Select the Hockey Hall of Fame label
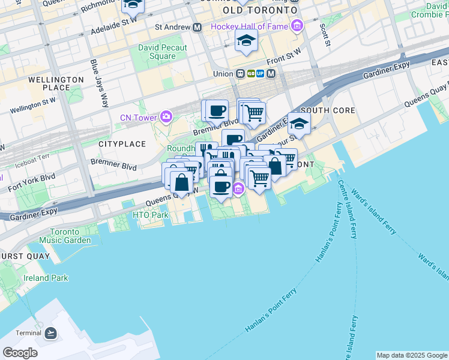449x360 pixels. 249,26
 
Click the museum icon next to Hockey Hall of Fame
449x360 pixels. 297,26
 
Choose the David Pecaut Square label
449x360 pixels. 162,52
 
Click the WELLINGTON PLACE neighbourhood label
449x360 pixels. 56,83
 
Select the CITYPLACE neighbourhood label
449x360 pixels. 122,144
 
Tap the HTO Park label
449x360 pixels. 150,215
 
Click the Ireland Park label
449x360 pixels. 46,278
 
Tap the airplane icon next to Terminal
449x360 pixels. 50,332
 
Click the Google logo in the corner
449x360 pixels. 20,352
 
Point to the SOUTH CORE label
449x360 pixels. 328,111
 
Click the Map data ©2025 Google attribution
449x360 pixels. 412,355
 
